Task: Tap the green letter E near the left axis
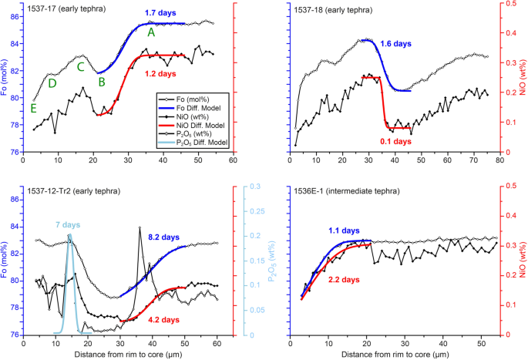click(33, 109)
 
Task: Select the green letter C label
click(80, 66)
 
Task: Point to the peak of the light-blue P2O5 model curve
click(69, 234)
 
